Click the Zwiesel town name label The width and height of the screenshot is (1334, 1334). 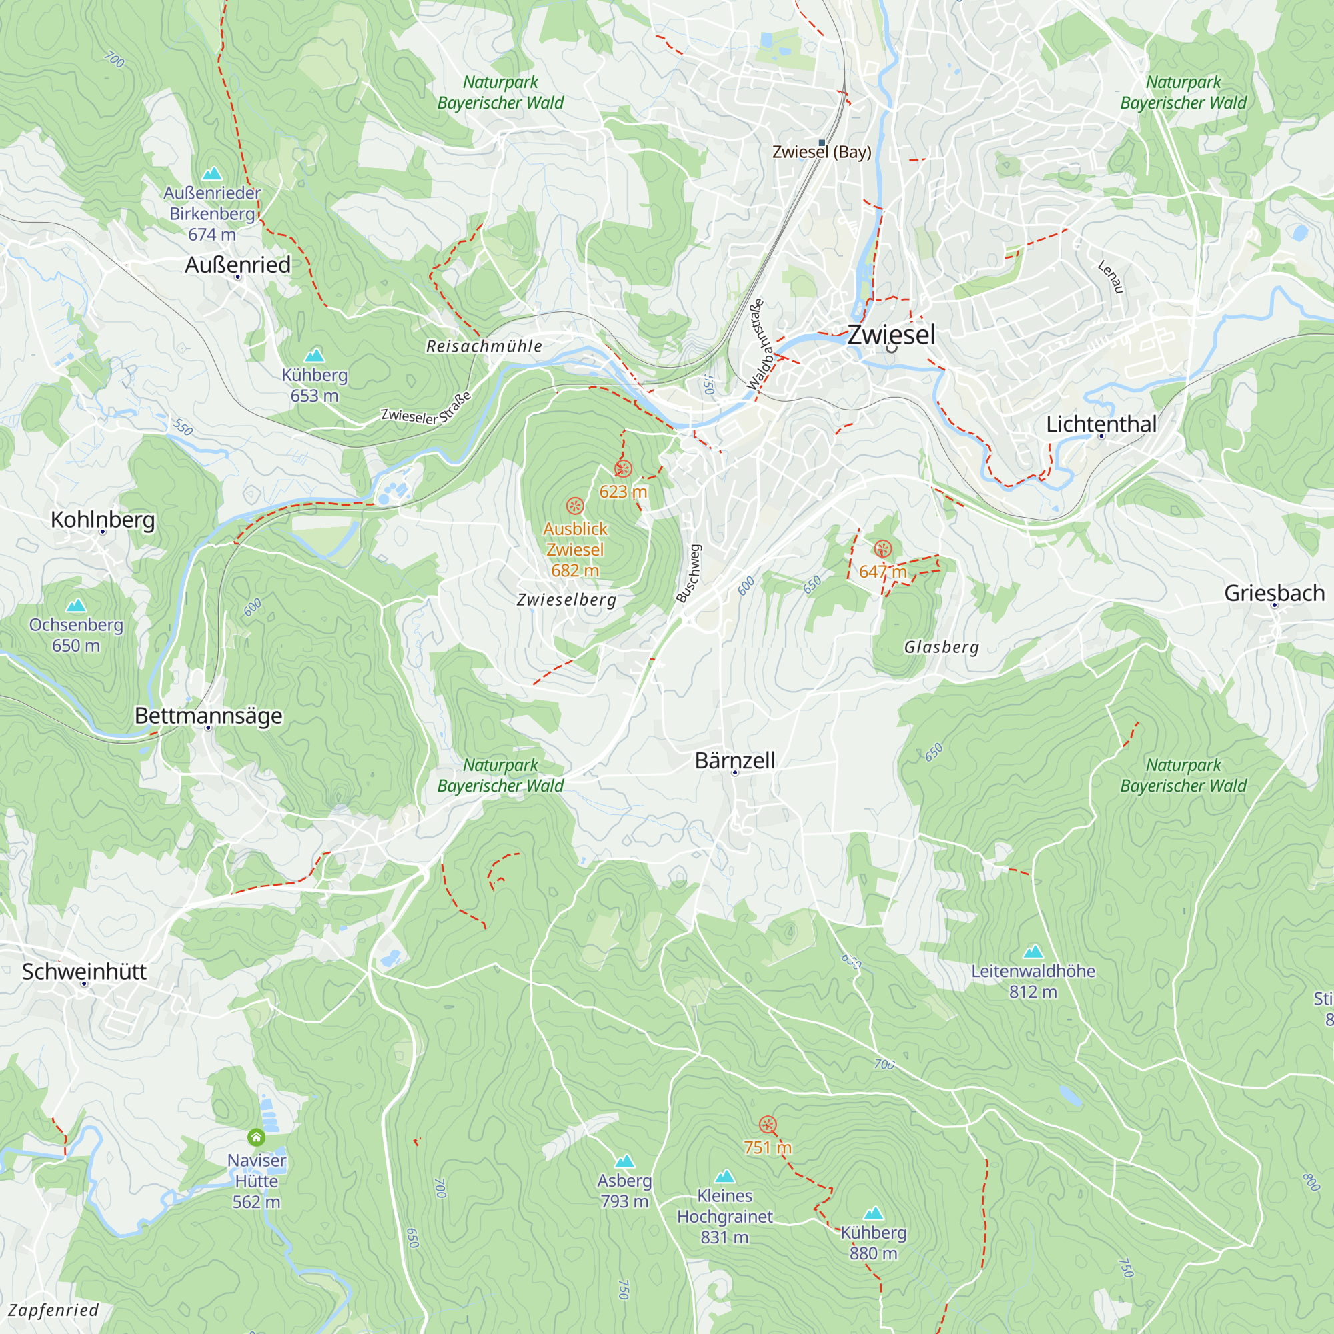click(x=890, y=335)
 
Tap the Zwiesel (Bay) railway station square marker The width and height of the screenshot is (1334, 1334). click(x=822, y=143)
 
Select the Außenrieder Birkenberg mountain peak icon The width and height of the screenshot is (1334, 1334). click(x=212, y=173)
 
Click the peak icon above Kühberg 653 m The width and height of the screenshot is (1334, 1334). click(x=315, y=355)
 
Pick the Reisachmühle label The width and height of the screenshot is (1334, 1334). click(x=484, y=346)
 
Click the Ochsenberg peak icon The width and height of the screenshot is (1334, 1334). click(x=76, y=606)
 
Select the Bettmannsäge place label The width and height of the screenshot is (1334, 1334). click(x=208, y=715)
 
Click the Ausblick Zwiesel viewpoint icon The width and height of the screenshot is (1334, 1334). click(x=574, y=506)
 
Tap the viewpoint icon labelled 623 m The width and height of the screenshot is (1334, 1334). click(x=623, y=470)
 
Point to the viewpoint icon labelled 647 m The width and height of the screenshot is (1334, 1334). click(x=882, y=550)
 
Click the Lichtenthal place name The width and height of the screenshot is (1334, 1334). click(x=1101, y=424)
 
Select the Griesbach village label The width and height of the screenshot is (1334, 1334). click(x=1274, y=592)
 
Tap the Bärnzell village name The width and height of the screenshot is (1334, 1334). click(x=734, y=760)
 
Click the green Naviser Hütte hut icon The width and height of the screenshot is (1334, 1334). click(x=256, y=1137)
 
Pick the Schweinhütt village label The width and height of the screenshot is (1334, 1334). click(x=84, y=972)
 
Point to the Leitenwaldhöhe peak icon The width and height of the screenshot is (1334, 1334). click(x=1033, y=952)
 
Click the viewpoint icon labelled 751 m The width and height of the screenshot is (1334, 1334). click(x=767, y=1125)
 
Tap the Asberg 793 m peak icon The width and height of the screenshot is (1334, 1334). click(x=624, y=1161)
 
